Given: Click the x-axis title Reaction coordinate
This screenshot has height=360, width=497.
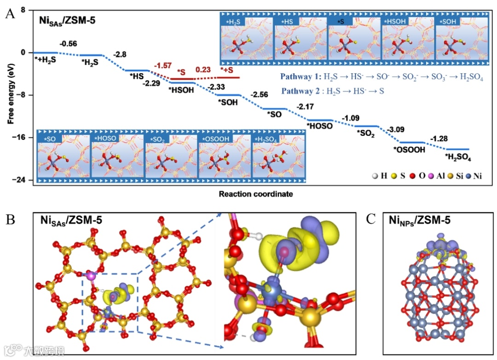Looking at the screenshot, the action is click(255, 194).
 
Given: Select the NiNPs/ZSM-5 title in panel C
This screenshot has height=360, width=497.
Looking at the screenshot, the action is click(419, 221).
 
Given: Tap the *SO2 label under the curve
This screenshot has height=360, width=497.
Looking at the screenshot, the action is click(366, 134).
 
